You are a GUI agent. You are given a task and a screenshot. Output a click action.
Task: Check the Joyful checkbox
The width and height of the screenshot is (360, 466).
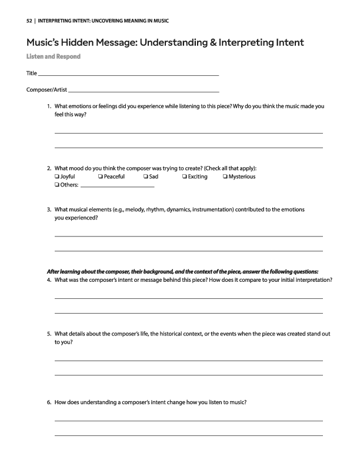click(56, 177)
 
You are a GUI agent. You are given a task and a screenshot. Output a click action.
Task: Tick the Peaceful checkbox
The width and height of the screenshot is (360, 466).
click(101, 177)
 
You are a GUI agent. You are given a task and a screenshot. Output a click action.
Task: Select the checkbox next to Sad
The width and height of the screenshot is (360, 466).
click(145, 177)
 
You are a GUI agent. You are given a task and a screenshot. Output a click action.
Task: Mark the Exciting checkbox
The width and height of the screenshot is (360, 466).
click(184, 177)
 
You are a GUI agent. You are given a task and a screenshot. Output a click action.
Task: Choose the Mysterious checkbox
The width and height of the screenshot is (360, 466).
click(225, 177)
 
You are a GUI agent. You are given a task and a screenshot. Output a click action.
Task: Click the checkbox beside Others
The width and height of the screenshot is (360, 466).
click(56, 185)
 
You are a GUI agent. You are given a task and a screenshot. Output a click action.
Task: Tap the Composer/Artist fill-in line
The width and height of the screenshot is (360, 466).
click(144, 92)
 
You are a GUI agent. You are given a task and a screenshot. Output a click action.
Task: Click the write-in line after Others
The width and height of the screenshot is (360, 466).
click(117, 187)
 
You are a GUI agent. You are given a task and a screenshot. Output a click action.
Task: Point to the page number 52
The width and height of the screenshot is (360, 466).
click(29, 21)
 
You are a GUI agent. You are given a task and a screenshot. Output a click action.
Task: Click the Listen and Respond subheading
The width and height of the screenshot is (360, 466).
click(53, 56)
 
